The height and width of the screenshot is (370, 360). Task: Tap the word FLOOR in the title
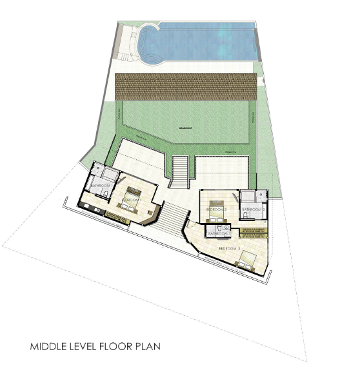point(120,347)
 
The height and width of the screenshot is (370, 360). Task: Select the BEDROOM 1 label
point(132,200)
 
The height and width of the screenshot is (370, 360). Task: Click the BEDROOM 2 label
point(216,210)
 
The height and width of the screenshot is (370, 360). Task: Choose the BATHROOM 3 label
point(219,233)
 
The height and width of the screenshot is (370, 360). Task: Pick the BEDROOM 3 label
point(229,248)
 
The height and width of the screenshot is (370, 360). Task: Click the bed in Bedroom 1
point(134,193)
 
